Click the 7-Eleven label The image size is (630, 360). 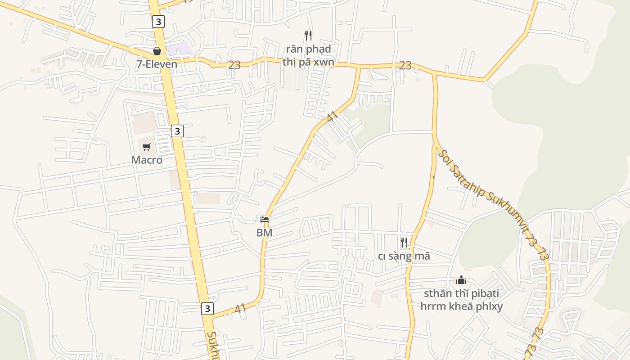(x=157, y=64)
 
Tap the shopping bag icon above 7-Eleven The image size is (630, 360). (x=157, y=51)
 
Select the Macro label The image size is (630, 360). (x=147, y=160)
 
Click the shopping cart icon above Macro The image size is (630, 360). (x=147, y=147)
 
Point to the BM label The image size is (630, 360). (x=264, y=233)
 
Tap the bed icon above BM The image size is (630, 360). (x=265, y=220)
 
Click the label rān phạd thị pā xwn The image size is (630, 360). (x=308, y=55)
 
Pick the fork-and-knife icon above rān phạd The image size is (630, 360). (x=308, y=35)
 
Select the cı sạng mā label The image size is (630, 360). (x=404, y=256)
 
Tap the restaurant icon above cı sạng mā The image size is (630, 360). (x=404, y=243)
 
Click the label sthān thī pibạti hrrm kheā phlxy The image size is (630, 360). (x=461, y=300)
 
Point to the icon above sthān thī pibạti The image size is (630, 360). (x=461, y=280)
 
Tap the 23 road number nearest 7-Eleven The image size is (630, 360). (x=234, y=65)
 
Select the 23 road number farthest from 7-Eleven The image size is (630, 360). (x=405, y=66)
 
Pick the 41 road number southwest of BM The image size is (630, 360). (x=240, y=309)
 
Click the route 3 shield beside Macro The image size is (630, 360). (x=177, y=131)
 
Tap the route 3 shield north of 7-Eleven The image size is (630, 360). (x=158, y=21)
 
